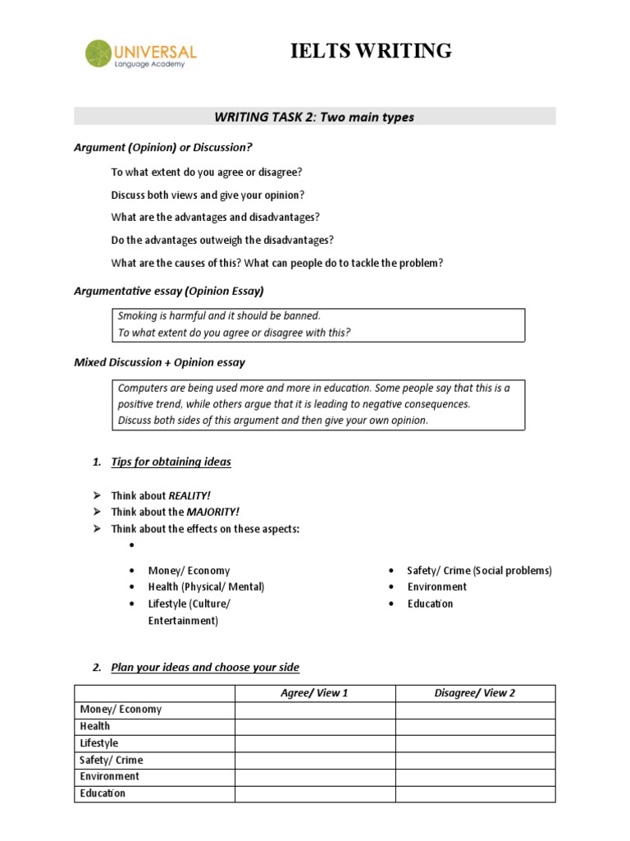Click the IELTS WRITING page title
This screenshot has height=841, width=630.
click(371, 51)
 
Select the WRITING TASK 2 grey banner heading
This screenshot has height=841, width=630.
click(314, 117)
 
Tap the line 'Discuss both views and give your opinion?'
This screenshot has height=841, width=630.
click(208, 195)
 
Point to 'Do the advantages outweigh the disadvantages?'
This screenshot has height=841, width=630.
click(222, 240)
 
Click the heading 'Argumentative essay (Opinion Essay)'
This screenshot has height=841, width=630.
click(169, 291)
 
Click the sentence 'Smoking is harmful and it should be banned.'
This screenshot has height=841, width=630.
click(219, 315)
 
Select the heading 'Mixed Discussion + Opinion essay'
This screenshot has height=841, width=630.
click(159, 362)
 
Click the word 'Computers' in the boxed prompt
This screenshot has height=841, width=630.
click(142, 388)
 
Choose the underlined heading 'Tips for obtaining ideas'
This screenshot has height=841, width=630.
click(171, 462)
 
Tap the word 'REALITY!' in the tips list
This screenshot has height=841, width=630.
click(189, 495)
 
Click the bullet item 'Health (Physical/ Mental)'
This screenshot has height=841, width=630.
click(206, 586)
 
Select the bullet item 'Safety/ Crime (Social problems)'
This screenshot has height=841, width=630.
click(479, 570)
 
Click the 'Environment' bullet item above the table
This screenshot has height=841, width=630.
click(436, 586)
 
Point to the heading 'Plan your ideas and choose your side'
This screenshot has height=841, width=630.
click(205, 667)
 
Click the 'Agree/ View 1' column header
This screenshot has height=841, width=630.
click(314, 693)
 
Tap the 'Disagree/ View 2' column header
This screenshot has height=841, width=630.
click(474, 693)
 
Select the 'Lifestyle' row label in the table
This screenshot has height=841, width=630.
click(99, 743)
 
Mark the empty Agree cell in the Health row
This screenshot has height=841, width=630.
click(314, 726)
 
